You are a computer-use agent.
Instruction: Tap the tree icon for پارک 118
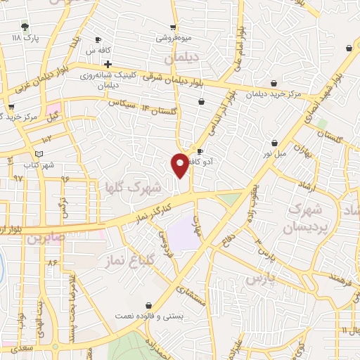25,27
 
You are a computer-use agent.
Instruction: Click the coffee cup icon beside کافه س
98,39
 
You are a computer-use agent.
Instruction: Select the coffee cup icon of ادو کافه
200,151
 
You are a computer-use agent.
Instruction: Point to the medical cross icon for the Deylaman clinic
108,64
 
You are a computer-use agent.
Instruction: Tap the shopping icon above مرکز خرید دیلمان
274,82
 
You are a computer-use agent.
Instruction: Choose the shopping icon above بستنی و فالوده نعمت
148,306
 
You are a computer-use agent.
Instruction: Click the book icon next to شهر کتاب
39,154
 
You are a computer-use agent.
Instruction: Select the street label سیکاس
121,103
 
